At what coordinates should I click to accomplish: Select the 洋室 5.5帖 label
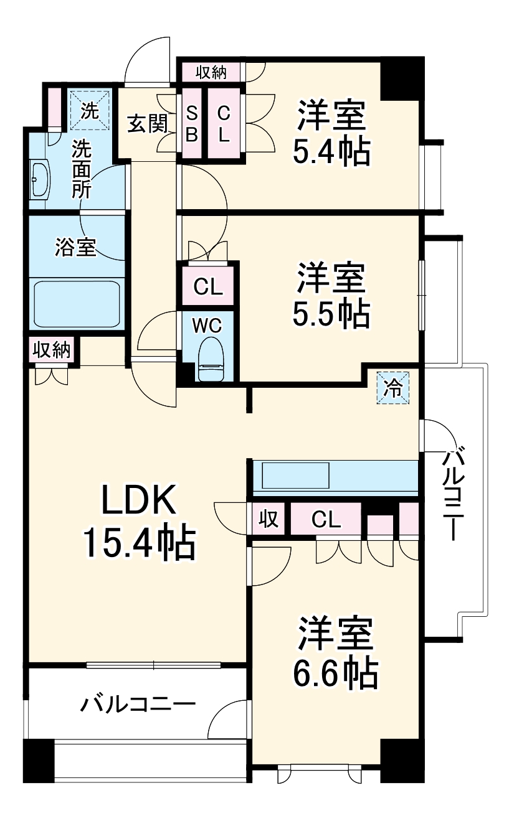[x=331, y=296]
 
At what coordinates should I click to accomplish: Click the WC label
[x=206, y=325]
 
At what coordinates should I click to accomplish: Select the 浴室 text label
[x=75, y=248]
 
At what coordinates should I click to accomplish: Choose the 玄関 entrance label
[x=148, y=124]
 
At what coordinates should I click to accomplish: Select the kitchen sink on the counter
[x=295, y=476]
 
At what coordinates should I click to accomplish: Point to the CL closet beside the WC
[x=207, y=287]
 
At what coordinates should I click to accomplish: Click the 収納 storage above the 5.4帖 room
[x=211, y=72]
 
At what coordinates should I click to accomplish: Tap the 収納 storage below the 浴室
[x=51, y=349]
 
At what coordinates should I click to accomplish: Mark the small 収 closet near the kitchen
[x=269, y=518]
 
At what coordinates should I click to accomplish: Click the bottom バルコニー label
[x=138, y=705]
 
